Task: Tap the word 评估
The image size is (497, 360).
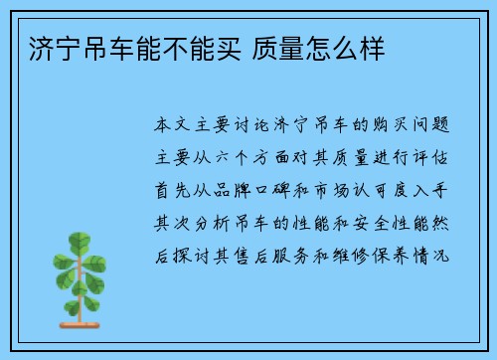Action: (439, 157)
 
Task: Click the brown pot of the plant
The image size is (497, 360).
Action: (83, 316)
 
